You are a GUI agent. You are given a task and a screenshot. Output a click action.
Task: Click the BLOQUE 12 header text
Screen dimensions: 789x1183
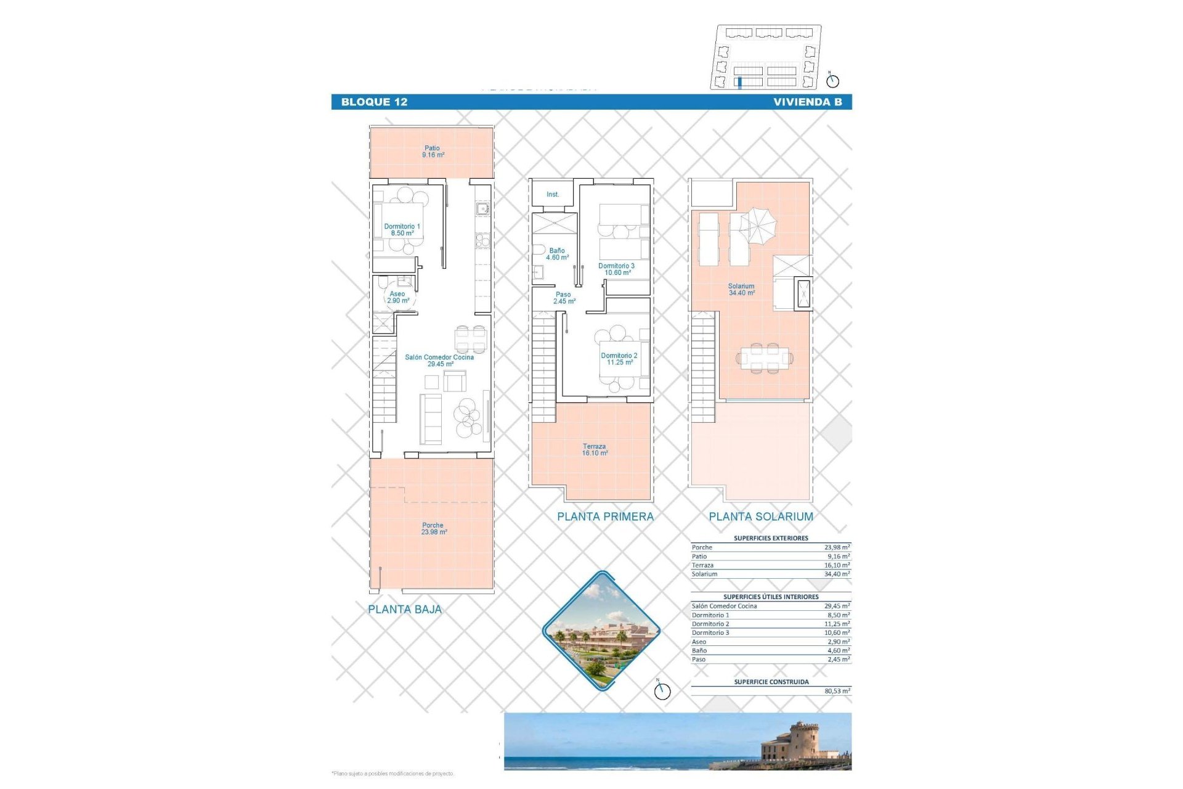pos(374,102)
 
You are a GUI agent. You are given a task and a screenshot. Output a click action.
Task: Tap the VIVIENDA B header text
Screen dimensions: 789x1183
pos(807,102)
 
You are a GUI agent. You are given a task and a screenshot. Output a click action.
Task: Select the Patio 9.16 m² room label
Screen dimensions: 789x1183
pos(433,152)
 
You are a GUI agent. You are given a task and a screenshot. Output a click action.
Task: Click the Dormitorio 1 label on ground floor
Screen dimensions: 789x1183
pos(402,230)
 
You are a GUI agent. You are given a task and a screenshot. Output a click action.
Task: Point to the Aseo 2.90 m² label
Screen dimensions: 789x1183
pos(397,297)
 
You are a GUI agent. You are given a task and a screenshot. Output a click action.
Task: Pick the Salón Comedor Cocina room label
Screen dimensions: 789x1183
pos(439,361)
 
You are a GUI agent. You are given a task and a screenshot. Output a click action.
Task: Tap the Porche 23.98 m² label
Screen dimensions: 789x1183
pos(433,529)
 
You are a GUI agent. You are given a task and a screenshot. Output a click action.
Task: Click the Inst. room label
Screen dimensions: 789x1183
pos(553,195)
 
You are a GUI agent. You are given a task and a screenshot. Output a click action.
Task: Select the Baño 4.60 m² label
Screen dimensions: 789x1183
pos(557,254)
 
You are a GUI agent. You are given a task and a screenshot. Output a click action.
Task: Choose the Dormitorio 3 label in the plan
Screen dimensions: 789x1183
pos(616,269)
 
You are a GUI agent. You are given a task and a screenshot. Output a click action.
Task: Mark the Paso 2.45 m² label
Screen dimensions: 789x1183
pos(563,298)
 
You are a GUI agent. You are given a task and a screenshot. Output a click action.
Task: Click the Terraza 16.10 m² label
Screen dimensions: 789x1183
pos(594,450)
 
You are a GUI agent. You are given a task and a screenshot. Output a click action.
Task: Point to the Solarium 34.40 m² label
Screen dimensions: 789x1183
pos(741,290)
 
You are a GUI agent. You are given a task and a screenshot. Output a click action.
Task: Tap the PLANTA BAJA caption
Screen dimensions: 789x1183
pos(405,610)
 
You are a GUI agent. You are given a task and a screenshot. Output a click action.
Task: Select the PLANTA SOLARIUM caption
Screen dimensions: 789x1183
pos(761,517)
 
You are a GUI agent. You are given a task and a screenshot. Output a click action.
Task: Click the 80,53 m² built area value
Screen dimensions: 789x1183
pos(837,691)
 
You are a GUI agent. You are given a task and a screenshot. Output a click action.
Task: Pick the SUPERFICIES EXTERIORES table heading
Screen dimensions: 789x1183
pos(771,538)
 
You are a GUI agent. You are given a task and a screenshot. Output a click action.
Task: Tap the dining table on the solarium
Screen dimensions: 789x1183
pos(764,357)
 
